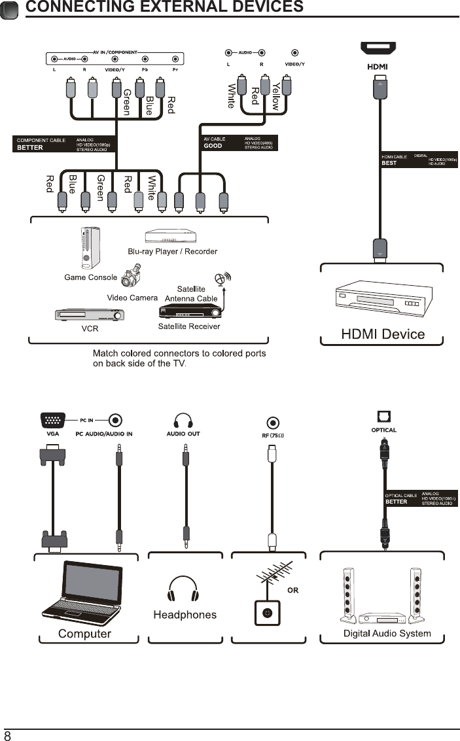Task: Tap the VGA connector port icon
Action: pyautogui.click(x=53, y=420)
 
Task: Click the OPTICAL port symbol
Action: pyautogui.click(x=383, y=417)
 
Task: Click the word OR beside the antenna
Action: pyautogui.click(x=292, y=591)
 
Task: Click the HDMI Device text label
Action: pyautogui.click(x=383, y=334)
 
